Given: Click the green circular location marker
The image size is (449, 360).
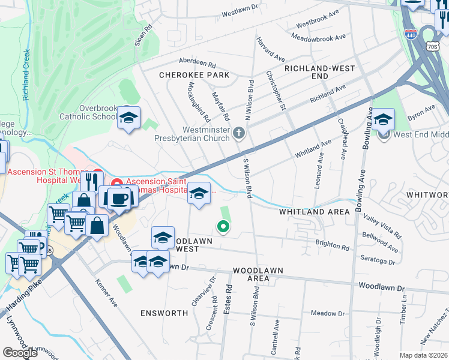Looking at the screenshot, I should [223, 226].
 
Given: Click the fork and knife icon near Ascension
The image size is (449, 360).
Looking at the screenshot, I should [92, 181].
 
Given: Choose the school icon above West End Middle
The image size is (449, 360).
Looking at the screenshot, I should [383, 119].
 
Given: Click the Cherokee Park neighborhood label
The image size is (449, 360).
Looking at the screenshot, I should [194, 75].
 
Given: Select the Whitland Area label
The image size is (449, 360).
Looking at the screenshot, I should [314, 212].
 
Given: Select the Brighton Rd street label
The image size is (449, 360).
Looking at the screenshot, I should [333, 247].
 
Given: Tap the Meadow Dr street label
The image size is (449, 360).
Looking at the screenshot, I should [328, 313].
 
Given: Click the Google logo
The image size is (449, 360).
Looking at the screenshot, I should [20, 353].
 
